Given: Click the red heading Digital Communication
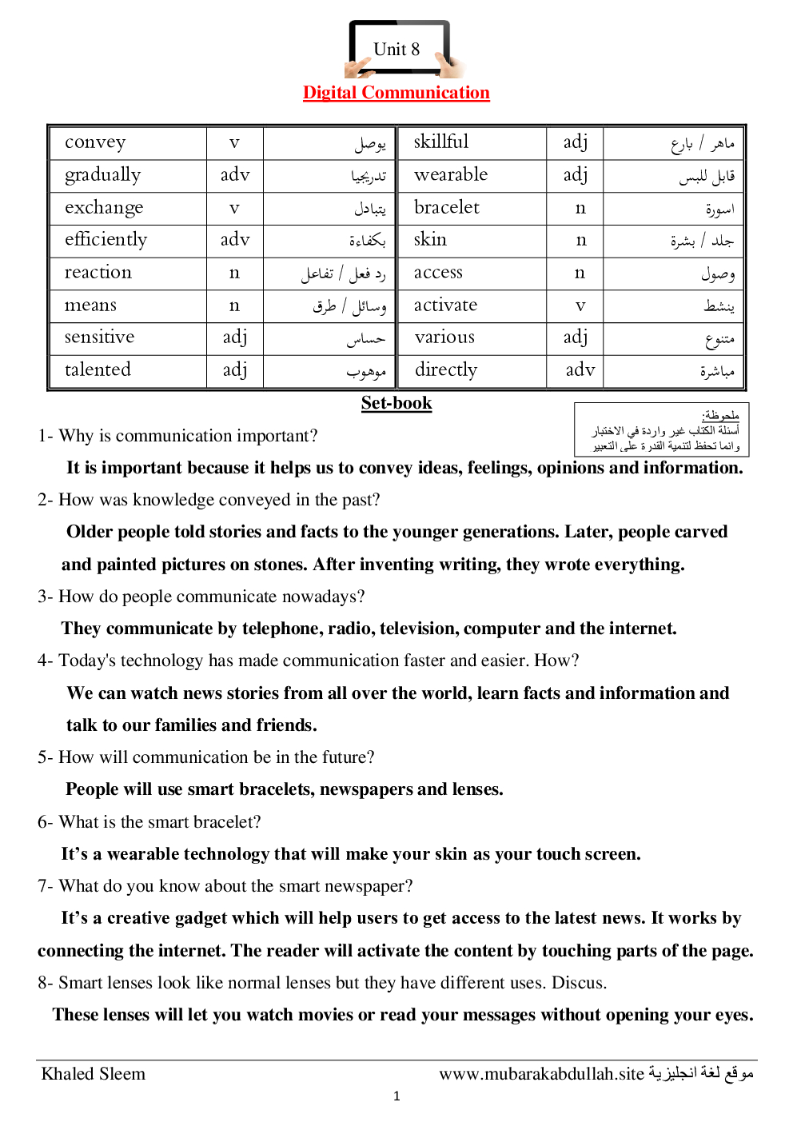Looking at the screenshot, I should pyautogui.click(x=396, y=93).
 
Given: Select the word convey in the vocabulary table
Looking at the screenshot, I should pyautogui.click(x=95, y=142).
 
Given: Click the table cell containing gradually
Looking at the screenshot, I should pyautogui.click(x=102, y=174).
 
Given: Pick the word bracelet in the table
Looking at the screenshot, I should pyautogui.click(x=446, y=207).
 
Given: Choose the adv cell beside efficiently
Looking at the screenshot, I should pyautogui.click(x=235, y=239).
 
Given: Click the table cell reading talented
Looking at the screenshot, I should pyautogui.click(x=98, y=369).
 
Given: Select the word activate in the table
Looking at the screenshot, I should pyautogui.click(x=445, y=305).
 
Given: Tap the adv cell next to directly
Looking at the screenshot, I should pyautogui.click(x=580, y=369).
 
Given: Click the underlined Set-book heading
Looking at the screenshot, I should pyautogui.click(x=396, y=403).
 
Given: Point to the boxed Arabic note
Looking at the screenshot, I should pyautogui.click(x=661, y=429).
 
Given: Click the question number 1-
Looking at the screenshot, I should pyautogui.click(x=46, y=436).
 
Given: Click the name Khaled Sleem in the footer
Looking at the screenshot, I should pyautogui.click(x=94, y=1074).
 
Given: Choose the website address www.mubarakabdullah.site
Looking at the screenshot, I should pyautogui.click(x=541, y=1074).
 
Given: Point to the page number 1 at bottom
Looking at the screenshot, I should pyautogui.click(x=396, y=1096).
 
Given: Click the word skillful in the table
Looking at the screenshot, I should pyautogui.click(x=440, y=142).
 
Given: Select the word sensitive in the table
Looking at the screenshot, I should pyautogui.click(x=99, y=337).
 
